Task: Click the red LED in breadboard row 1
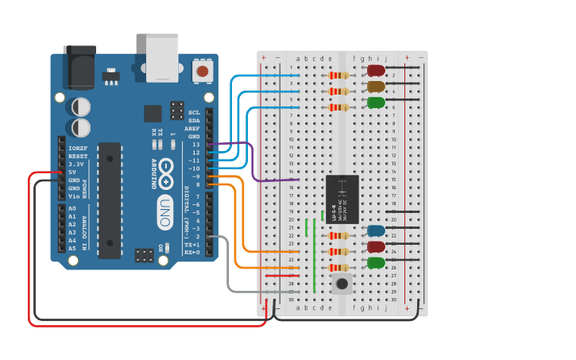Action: (377, 71)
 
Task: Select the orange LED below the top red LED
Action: (377, 87)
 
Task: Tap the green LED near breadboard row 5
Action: (377, 103)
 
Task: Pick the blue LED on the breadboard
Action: (377, 230)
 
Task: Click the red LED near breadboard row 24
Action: (377, 247)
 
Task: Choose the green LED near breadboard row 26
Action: (377, 263)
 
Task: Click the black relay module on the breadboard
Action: (342, 199)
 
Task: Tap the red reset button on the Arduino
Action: (203, 72)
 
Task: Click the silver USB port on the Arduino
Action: (163, 58)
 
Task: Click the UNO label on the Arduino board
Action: (165, 212)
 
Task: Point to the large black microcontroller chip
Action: (110, 200)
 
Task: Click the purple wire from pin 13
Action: (252, 163)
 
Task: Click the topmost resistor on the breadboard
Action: (338, 75)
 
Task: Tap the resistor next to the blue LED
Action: (338, 235)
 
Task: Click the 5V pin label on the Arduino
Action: (72, 172)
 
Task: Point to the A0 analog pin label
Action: (72, 208)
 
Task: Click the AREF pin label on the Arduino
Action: (191, 129)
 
